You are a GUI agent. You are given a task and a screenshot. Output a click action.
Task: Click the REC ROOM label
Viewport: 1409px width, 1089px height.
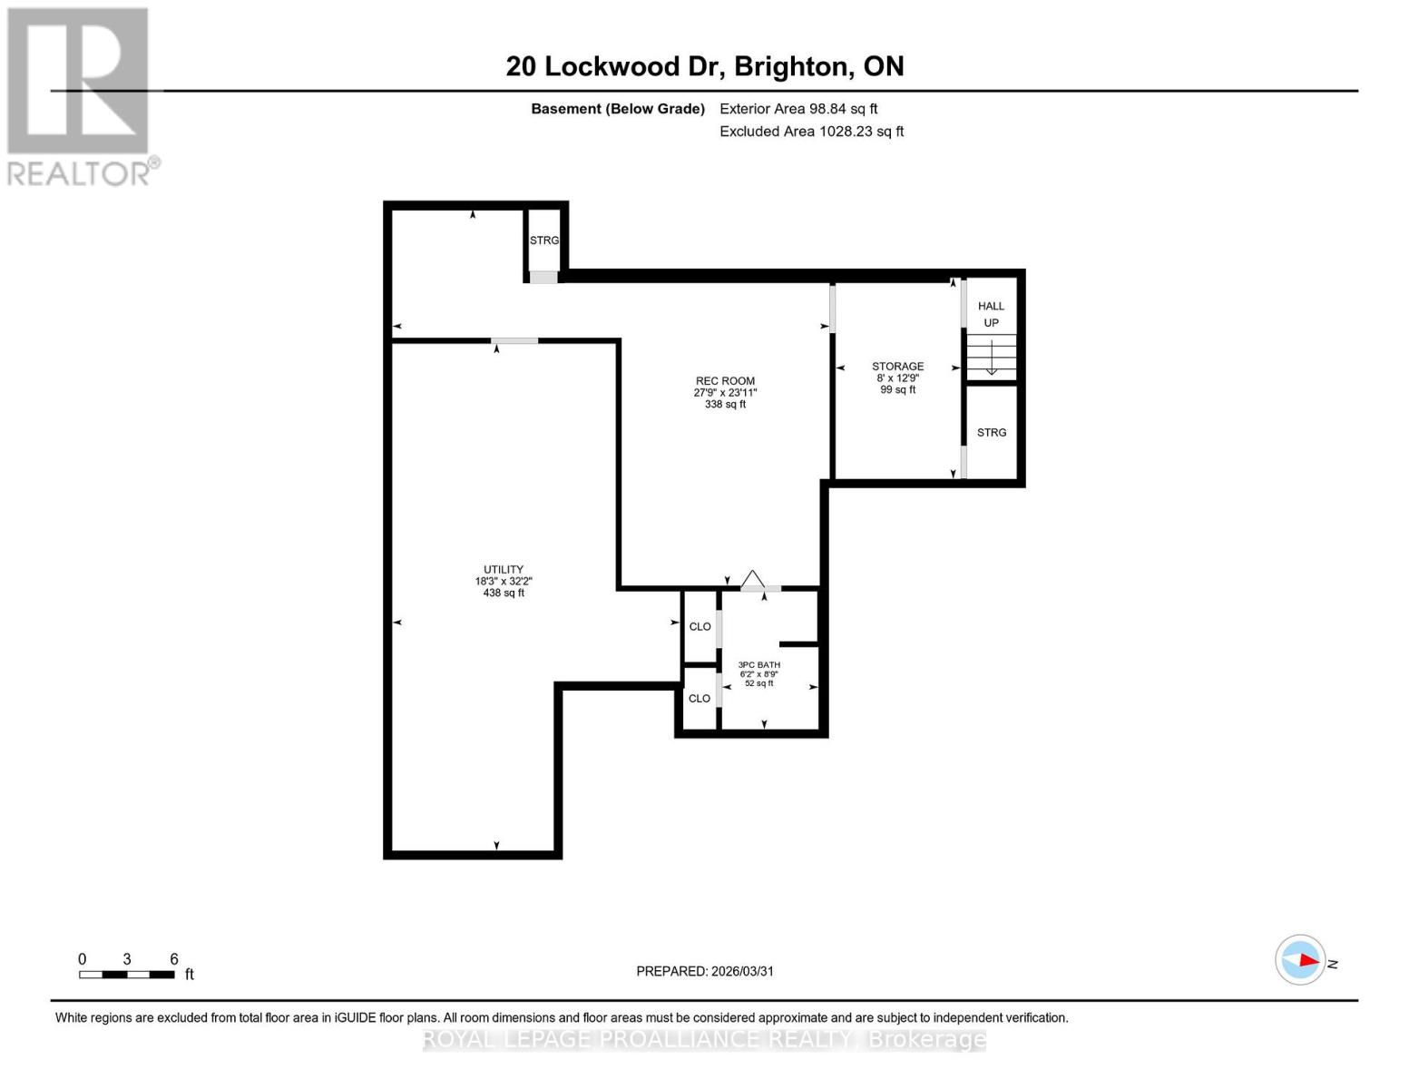(725, 381)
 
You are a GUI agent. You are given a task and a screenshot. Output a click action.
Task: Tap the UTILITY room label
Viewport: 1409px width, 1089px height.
(504, 570)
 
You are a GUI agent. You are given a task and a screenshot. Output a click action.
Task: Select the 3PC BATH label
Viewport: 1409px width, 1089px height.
(758, 665)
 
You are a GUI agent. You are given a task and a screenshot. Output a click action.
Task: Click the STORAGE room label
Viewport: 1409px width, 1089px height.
(897, 367)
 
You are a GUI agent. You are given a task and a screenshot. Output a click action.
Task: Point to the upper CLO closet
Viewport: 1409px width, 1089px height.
(700, 626)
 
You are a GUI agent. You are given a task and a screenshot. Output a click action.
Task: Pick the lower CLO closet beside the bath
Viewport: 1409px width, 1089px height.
(700, 698)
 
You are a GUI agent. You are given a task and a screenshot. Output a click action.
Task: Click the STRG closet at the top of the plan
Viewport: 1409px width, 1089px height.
(544, 240)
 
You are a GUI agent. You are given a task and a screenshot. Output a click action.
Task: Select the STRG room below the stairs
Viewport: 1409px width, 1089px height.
(991, 433)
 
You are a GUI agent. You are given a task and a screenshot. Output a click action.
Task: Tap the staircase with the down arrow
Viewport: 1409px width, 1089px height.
(991, 358)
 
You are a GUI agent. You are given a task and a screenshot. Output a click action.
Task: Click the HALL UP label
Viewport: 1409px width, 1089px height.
(991, 314)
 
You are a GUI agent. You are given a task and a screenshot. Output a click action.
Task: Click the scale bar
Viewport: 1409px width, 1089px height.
(127, 974)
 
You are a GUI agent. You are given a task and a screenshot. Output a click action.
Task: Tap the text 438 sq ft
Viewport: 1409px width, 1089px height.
(504, 594)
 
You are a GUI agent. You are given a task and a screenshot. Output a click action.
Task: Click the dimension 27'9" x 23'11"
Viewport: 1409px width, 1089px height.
(725, 393)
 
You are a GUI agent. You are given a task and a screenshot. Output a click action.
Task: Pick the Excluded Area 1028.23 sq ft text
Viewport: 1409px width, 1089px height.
(811, 132)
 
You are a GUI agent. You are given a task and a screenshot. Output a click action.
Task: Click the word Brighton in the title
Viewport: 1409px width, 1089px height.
(792, 66)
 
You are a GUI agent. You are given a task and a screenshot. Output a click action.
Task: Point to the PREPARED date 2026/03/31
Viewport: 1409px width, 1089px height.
(705, 971)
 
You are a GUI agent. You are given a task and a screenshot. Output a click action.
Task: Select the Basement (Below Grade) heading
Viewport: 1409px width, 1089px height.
(617, 109)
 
